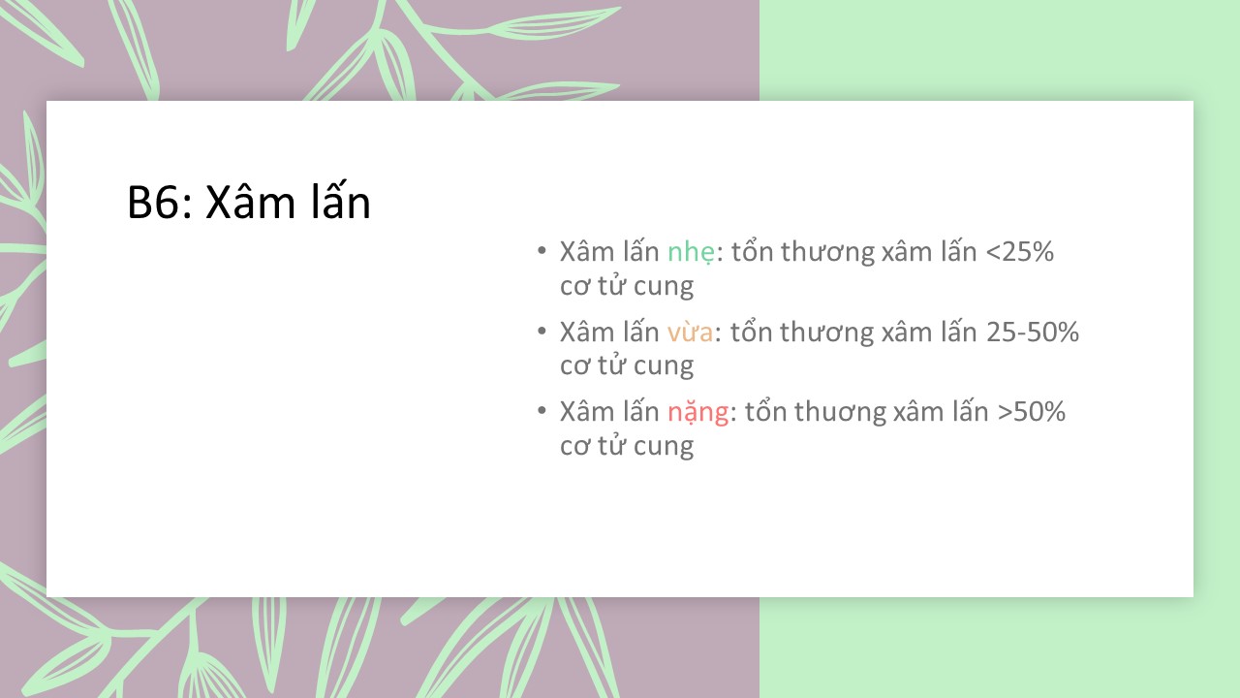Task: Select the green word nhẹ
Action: [x=692, y=253]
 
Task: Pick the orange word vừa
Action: [x=690, y=333]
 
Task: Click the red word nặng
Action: [x=698, y=413]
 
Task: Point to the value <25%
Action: [x=1020, y=252]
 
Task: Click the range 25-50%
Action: [x=1033, y=332]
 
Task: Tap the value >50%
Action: [x=1032, y=412]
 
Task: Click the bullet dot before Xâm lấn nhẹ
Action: [x=542, y=251]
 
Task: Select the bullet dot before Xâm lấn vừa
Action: [x=542, y=332]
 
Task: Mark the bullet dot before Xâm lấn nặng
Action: [x=542, y=411]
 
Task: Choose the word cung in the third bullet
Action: [x=664, y=447]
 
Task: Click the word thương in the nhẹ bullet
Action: [x=827, y=253]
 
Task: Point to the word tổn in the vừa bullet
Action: [x=750, y=331]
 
